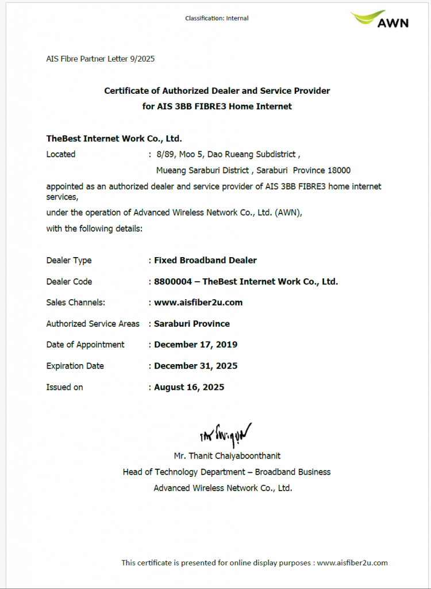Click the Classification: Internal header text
coord(217,18)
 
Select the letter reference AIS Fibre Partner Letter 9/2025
coord(100,59)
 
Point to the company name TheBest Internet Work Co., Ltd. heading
coord(114,139)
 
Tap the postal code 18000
coord(338,170)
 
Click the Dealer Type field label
coord(69,261)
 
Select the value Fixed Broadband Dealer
coord(205,260)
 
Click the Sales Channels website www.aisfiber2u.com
coord(198,303)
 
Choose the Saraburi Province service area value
coord(192,324)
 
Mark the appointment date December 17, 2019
coord(195,345)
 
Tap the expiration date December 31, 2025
coord(195,366)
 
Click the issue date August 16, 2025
coord(189,387)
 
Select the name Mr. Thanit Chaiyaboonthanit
coord(227,456)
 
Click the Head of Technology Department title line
coord(226,472)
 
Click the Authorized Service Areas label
coord(93,324)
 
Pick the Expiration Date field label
coord(75,366)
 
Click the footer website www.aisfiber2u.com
coord(352,563)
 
